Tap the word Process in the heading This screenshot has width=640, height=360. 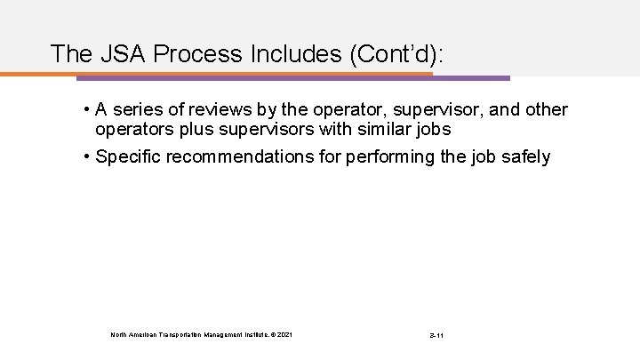(194, 53)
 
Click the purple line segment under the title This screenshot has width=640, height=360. (471, 77)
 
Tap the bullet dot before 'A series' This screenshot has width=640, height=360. (88, 109)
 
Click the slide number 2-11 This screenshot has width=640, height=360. (435, 334)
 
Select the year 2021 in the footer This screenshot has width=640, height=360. (284, 334)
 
